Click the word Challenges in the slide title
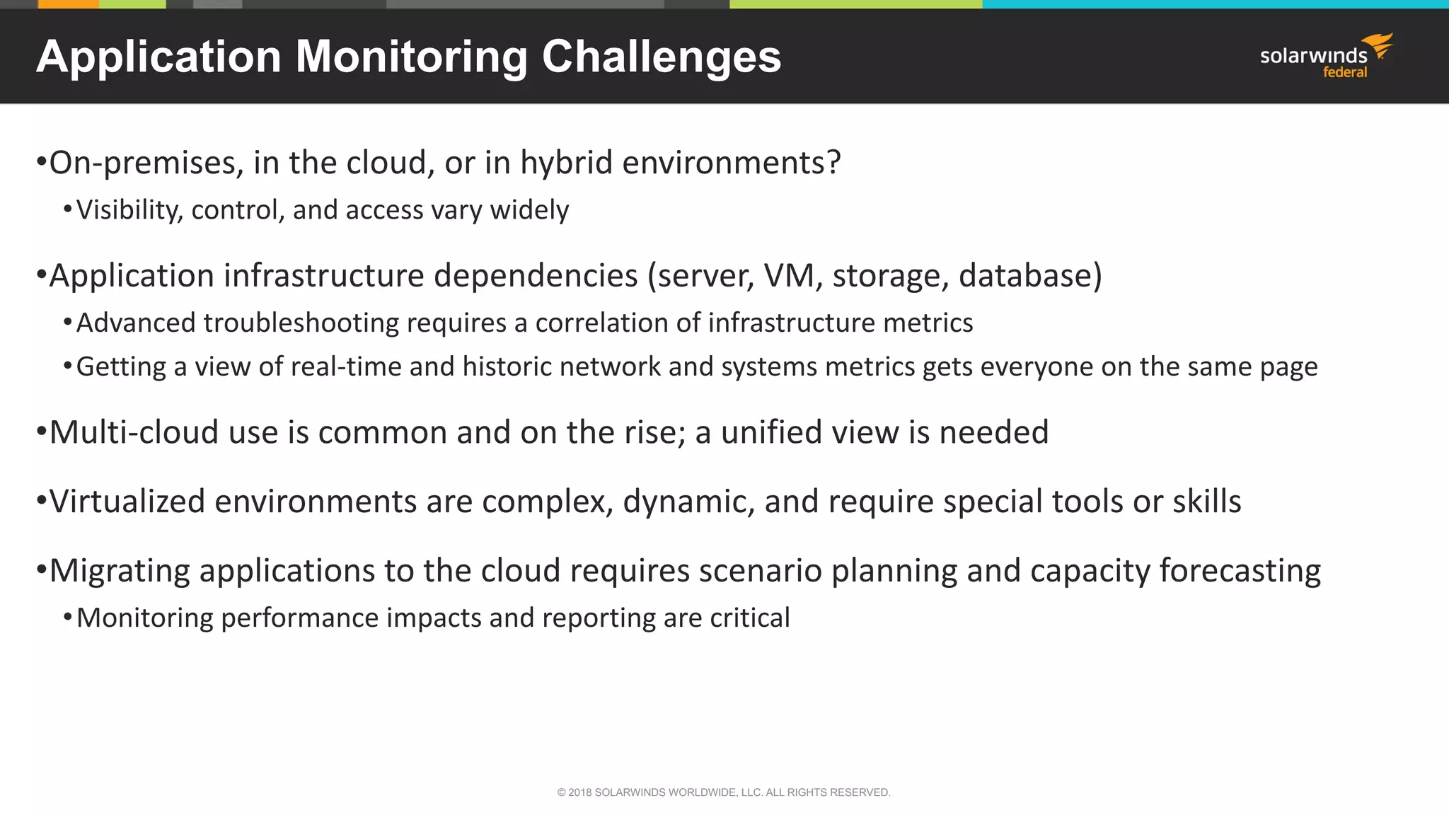[x=661, y=57]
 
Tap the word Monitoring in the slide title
[x=411, y=57]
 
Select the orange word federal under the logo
[x=1345, y=72]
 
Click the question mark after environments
[x=833, y=163]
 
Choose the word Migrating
[x=120, y=571]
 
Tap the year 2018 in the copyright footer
[x=579, y=792]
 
